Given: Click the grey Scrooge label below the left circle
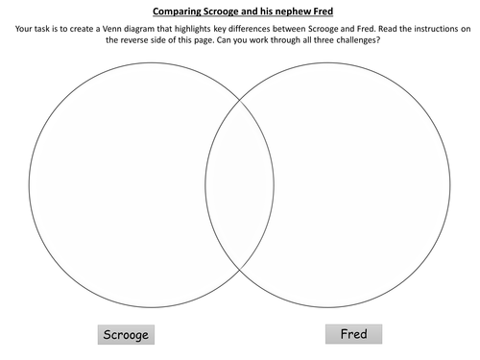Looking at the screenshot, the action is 127,335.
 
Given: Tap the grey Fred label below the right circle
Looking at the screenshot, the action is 352,333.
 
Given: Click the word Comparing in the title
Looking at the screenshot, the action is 177,13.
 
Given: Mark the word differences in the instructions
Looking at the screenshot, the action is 289,32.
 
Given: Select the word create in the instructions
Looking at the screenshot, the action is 94,32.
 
